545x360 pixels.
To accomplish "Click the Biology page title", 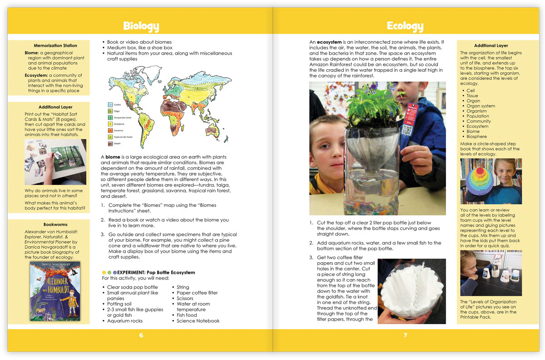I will click(141, 26).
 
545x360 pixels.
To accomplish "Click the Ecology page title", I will click(405, 26).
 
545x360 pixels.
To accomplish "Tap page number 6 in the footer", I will click(141, 335).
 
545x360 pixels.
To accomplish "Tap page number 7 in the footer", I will click(405, 335).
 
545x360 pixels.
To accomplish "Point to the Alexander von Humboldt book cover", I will click(54, 291).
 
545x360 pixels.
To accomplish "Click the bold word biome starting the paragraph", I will click(113, 157).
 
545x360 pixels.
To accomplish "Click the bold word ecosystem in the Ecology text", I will click(329, 42).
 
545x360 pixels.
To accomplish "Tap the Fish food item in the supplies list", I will click(187, 315).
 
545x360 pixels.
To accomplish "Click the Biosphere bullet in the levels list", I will click(476, 136).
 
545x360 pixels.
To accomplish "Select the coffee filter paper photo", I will click(411, 291).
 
